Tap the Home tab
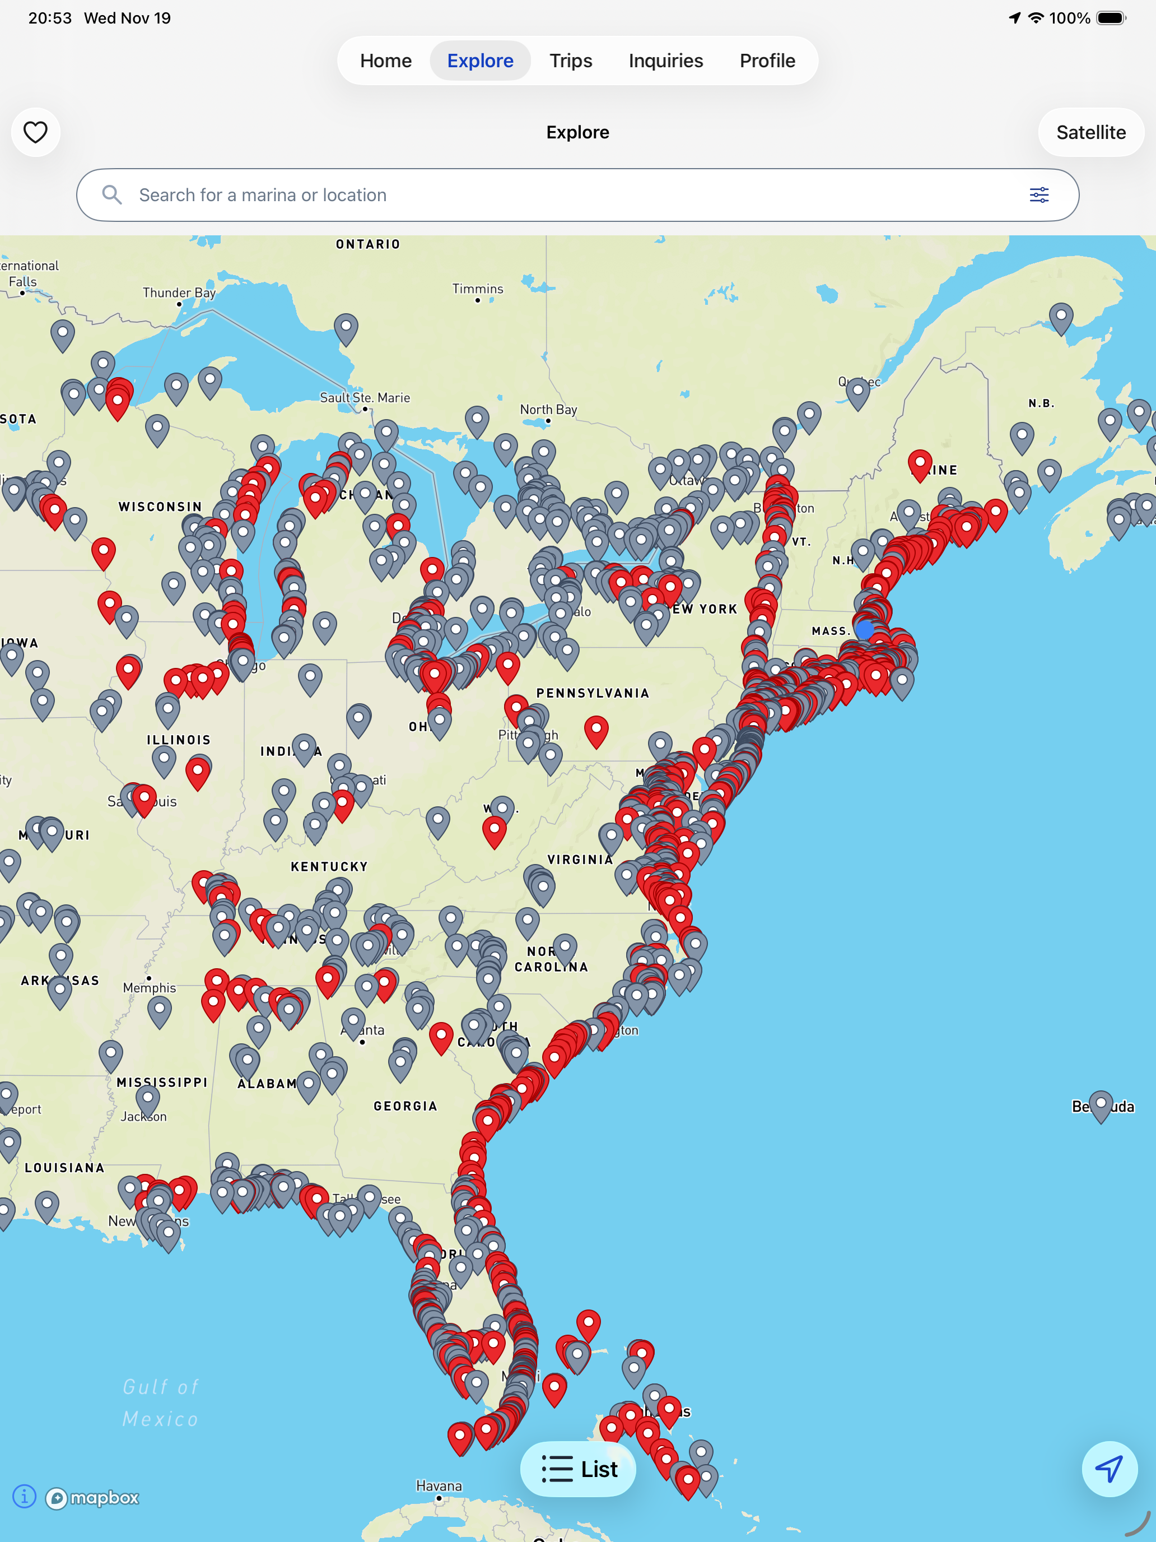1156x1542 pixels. pos(385,61)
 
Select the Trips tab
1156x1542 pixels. pos(571,61)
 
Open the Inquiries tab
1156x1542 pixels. pos(665,61)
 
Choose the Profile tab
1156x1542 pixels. pos(767,61)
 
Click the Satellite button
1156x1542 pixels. pos(1090,132)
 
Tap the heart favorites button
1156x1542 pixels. pos(35,132)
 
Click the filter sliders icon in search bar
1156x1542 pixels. pos(1039,195)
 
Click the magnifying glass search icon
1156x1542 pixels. pos(111,195)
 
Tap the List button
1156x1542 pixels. pos(579,1469)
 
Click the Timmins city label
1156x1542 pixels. pos(477,289)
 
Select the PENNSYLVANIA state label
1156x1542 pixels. pos(593,693)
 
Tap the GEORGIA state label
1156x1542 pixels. pos(405,1106)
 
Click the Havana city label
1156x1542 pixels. pos(439,1485)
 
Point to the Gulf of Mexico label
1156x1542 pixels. pos(161,1402)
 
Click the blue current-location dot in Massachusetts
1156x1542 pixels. pos(865,629)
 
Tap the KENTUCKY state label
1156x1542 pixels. pos(329,866)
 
